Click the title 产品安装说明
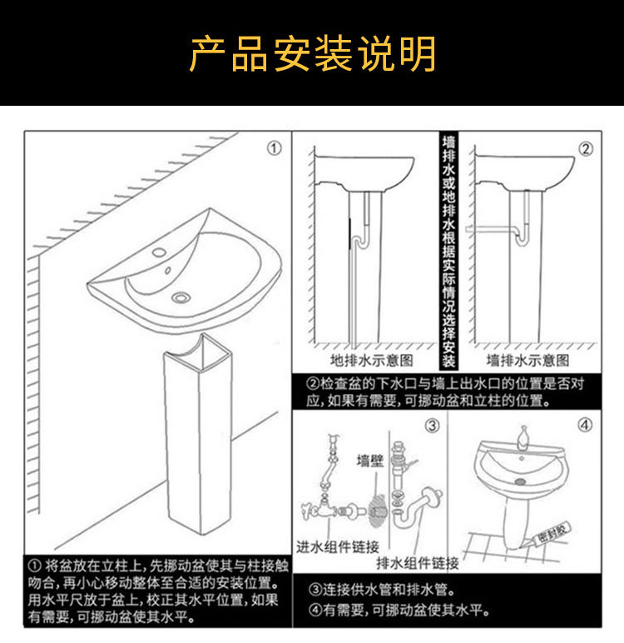(x=312, y=54)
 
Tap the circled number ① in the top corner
(x=274, y=149)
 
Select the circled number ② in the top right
(x=586, y=149)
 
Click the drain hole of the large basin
(x=181, y=296)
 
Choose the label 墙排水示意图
(x=528, y=360)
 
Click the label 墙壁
(x=370, y=462)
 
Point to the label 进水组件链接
(x=338, y=547)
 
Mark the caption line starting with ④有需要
(x=397, y=611)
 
